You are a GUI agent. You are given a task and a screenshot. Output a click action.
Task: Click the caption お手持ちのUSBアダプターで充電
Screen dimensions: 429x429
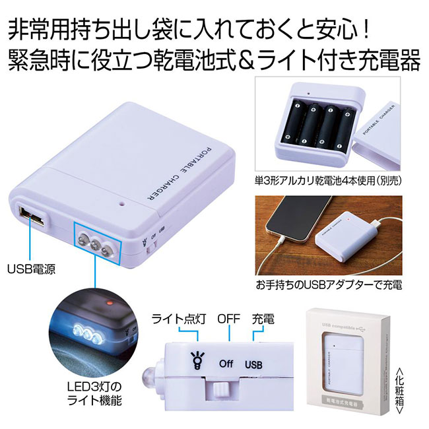point(329,286)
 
